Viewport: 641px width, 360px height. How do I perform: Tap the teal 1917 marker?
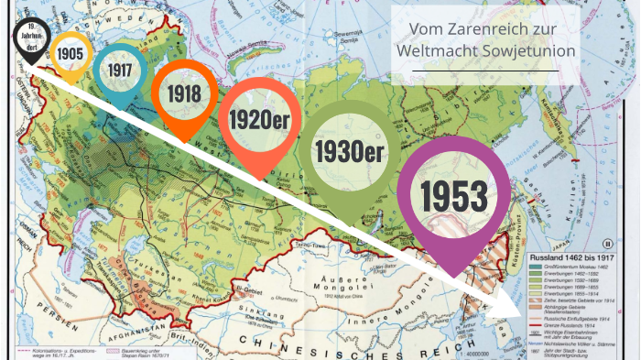(x=119, y=70)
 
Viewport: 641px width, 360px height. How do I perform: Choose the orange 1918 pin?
(x=184, y=93)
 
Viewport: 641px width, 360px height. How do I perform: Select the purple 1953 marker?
(x=453, y=195)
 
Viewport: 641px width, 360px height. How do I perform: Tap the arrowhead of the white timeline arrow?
(x=509, y=312)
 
